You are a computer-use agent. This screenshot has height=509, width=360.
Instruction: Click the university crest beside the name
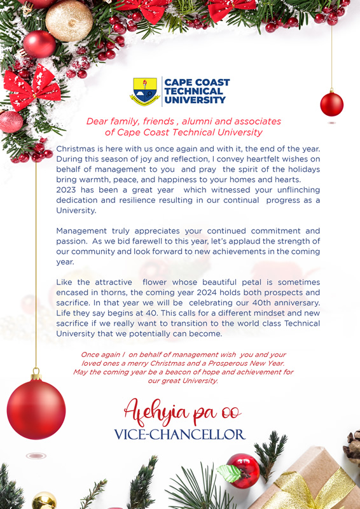(x=144, y=91)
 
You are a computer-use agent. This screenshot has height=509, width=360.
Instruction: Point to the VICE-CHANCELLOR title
(x=179, y=435)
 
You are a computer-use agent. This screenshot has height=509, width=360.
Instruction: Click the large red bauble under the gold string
(x=36, y=408)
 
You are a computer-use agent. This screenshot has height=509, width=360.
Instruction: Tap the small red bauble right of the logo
(x=331, y=104)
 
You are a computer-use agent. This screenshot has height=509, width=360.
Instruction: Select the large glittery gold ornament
(x=69, y=20)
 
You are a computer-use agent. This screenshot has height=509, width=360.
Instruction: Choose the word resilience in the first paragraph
(x=139, y=200)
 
